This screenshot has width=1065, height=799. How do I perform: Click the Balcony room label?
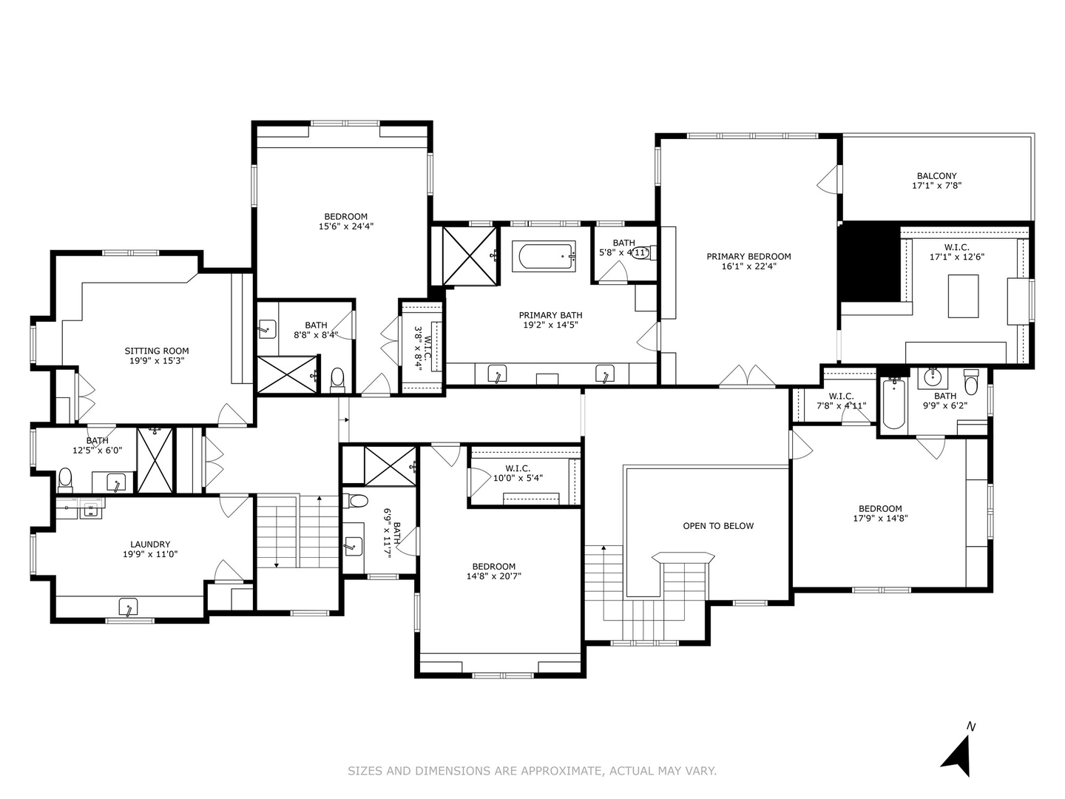[936, 176]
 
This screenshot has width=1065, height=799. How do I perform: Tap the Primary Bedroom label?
[748, 257]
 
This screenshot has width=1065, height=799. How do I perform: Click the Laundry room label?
[150, 544]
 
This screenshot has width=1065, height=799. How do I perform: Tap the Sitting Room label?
[156, 351]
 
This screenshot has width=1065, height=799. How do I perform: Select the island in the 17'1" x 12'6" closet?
[963, 296]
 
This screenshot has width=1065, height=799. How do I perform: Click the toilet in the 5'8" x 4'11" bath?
[641, 253]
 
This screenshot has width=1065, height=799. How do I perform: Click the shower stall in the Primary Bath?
[470, 256]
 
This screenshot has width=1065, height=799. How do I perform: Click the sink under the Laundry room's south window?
[129, 607]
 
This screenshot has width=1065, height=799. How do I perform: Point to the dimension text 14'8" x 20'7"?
[491, 576]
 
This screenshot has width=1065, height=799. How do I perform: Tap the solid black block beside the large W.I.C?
[870, 261]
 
